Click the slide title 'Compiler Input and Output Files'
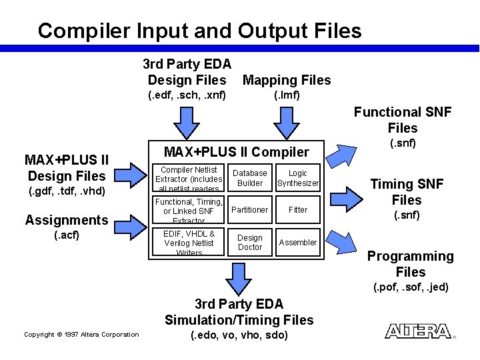coord(199,31)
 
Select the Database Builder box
coord(250,178)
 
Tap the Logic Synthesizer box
coord(298,178)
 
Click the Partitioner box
coord(250,210)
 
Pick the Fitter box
coord(298,210)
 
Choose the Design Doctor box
coord(250,242)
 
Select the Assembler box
coord(298,243)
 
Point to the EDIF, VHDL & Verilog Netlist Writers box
coord(189,243)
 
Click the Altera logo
coord(419,331)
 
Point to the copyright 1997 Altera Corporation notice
coord(81,335)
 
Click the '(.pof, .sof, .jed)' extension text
coord(410,288)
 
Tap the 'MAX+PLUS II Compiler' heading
coord(237,152)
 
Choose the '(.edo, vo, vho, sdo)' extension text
coord(239,335)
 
